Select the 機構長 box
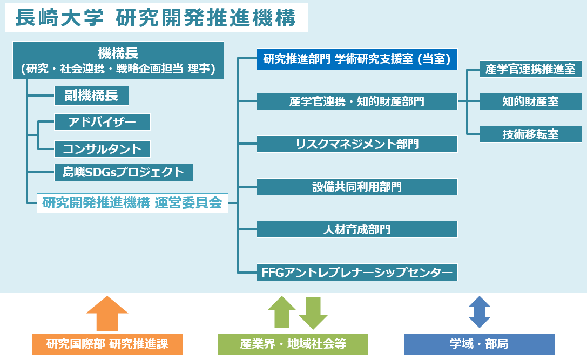pyautogui.click(x=118, y=60)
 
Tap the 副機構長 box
pyautogui.click(x=91, y=96)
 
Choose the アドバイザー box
pyautogui.click(x=102, y=122)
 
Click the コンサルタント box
pyautogui.click(x=102, y=149)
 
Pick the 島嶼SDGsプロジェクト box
pyautogui.click(x=124, y=172)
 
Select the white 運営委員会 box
pyautogui.click(x=132, y=203)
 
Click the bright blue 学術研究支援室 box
pyautogui.click(x=357, y=59)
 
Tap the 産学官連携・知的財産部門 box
pyautogui.click(x=357, y=101)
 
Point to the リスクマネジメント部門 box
pyautogui.click(x=357, y=144)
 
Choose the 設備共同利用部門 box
pyautogui.click(x=357, y=187)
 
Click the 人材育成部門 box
pyautogui.click(x=357, y=229)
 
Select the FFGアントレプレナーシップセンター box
pyautogui.click(x=357, y=273)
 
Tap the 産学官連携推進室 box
pyautogui.click(x=531, y=69)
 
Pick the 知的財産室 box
pyautogui.click(x=531, y=101)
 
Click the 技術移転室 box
pyautogui.click(x=531, y=134)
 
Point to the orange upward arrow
pyautogui.click(x=107, y=314)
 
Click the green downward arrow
pyautogui.click(x=313, y=313)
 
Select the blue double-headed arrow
pyautogui.click(x=480, y=312)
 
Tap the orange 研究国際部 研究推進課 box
pyautogui.click(x=107, y=344)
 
